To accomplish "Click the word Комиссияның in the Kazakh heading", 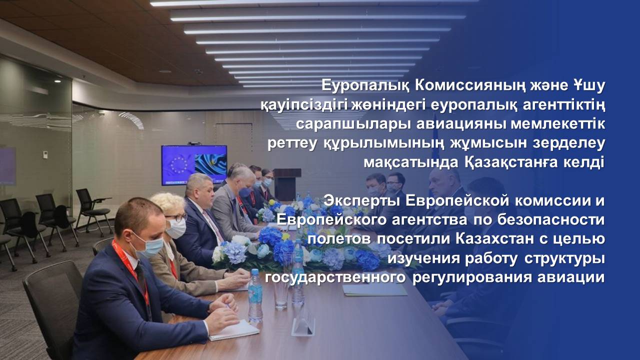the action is coord(454,85).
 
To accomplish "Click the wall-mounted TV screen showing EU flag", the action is coord(194,165).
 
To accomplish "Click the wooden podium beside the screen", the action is coord(286,184).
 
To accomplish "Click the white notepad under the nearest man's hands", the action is coord(233,330).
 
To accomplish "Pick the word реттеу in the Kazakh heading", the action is coord(291,143).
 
